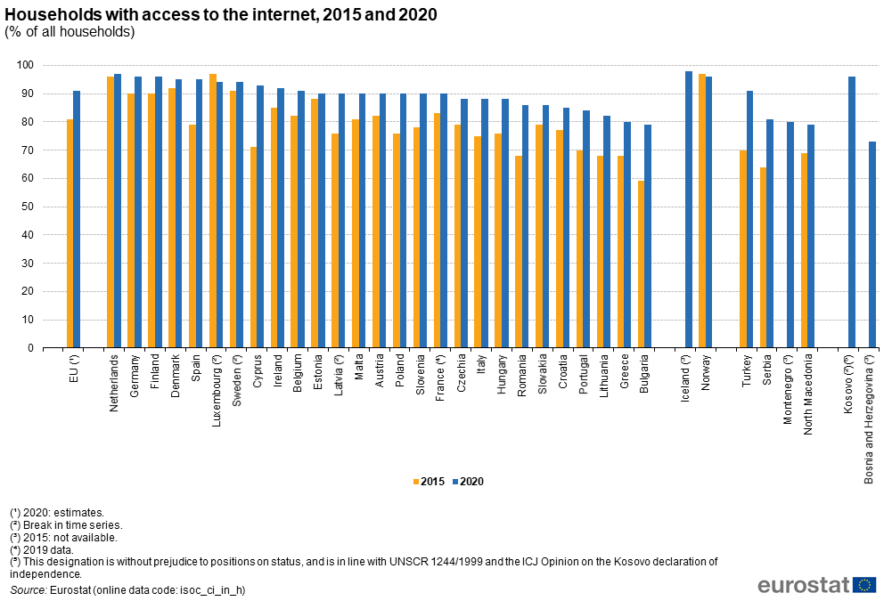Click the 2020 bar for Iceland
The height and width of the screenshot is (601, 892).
click(689, 209)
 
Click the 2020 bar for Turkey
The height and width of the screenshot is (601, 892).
click(749, 219)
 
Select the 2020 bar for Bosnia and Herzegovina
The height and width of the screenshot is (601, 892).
click(872, 245)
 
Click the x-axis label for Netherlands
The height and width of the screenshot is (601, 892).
click(114, 382)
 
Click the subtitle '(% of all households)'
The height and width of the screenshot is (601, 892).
click(70, 32)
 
